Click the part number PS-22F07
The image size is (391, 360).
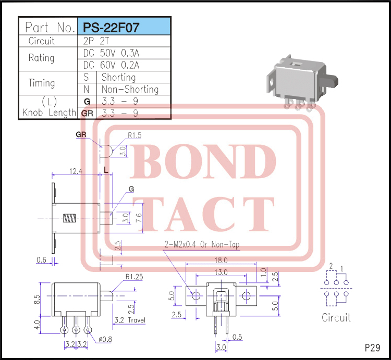tap(111, 28)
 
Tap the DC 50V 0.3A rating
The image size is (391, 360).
tap(111, 53)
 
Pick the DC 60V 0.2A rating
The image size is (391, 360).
tap(111, 65)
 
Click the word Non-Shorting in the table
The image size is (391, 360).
tap(130, 89)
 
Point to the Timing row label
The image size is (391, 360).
tap(41, 83)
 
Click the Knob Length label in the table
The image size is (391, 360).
tap(49, 113)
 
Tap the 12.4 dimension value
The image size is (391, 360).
tap(76, 171)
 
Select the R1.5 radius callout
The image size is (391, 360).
tap(135, 135)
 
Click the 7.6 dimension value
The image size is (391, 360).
tap(139, 218)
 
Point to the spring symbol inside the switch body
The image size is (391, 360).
tap(69, 218)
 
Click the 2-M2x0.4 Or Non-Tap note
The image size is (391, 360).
tap(202, 245)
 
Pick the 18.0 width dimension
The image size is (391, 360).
tap(221, 260)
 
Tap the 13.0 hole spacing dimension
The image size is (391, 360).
tap(221, 272)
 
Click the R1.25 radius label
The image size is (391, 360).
tap(134, 277)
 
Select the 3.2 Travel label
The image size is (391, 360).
tap(130, 320)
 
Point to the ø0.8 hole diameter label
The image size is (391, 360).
tap(105, 339)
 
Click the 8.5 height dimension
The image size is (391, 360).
tap(37, 300)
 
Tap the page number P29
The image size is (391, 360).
tap(373, 348)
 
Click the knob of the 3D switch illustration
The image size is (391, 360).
tap(329, 82)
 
